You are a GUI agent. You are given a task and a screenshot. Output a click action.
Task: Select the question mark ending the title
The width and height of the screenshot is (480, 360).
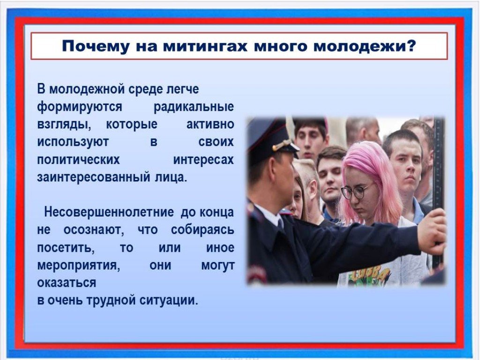(412, 45)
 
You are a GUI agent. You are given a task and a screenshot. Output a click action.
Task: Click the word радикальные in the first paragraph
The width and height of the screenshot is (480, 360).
(194, 107)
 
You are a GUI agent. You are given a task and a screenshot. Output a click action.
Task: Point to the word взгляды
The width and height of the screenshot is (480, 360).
(64, 125)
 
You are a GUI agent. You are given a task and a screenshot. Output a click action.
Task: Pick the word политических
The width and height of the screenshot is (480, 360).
(78, 160)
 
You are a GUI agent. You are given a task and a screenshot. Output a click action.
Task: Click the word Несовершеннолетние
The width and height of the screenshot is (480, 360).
(109, 212)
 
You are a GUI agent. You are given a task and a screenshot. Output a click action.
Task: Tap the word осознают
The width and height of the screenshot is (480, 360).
(94, 230)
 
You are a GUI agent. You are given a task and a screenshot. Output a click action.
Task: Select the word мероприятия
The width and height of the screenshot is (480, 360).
(79, 266)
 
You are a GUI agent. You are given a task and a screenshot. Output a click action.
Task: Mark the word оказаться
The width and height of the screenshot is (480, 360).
(67, 283)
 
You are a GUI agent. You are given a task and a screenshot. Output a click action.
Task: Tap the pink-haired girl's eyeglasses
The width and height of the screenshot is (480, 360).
(356, 191)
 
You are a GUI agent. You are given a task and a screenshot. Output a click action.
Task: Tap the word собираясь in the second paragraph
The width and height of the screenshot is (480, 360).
(202, 230)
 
